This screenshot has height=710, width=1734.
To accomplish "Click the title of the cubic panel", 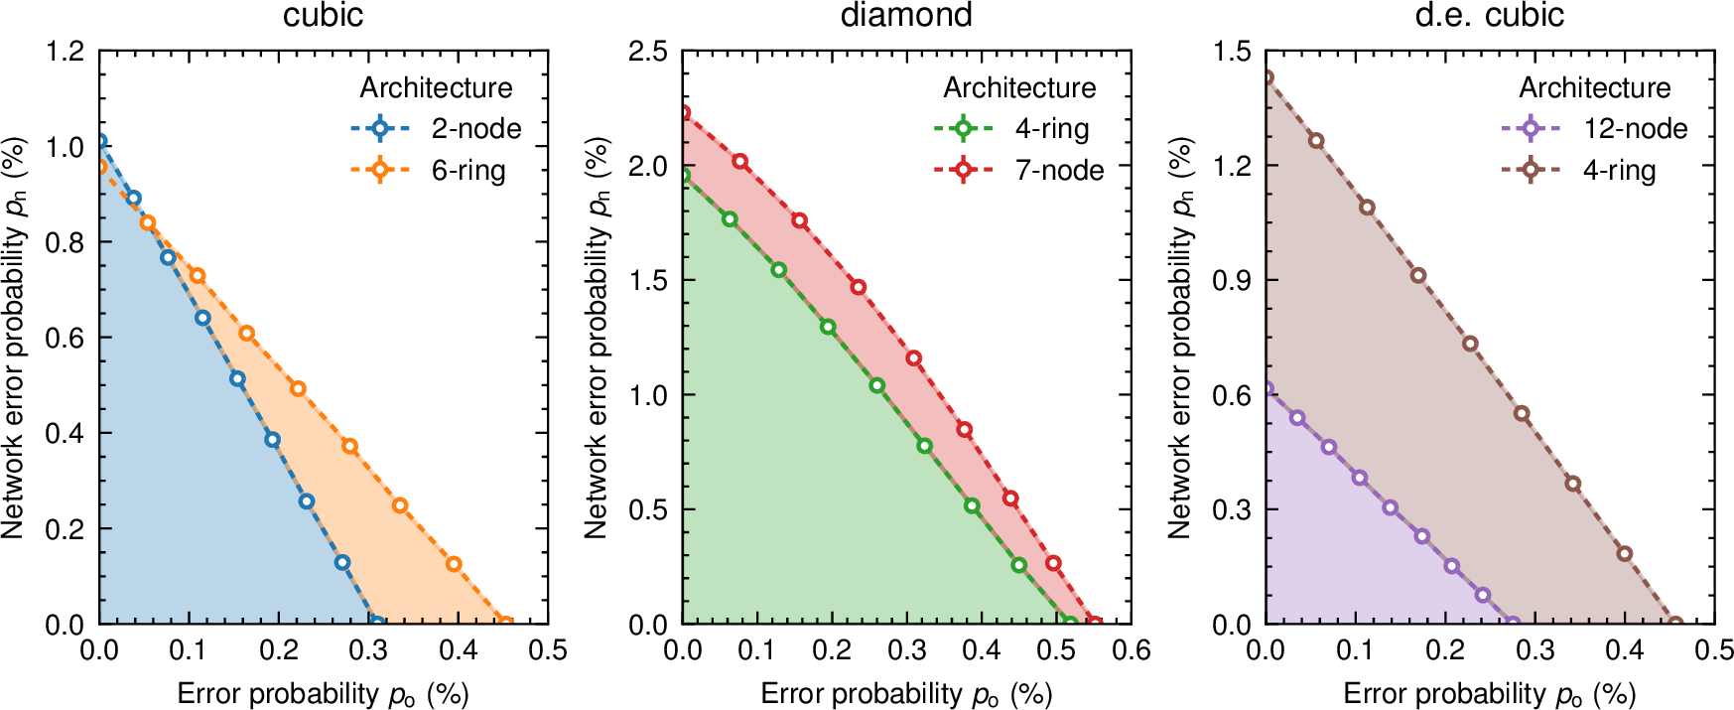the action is coord(324,15).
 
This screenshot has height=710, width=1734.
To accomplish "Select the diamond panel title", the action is coord(906,15).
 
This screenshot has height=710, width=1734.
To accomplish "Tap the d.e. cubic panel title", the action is coord(1489,15).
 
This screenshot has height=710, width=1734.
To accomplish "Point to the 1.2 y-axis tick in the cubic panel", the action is coord(66,51).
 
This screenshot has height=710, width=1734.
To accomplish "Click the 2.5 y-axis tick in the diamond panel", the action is coord(648,51).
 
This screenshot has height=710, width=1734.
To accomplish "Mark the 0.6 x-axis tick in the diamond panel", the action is coord(1131,650).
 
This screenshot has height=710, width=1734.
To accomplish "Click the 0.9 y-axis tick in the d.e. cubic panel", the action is coord(1232,280).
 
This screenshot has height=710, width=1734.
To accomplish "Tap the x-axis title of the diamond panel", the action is coord(906,693).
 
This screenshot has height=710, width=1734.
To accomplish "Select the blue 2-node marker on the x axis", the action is coord(376,624).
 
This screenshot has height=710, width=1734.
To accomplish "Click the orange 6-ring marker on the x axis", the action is coord(505,624).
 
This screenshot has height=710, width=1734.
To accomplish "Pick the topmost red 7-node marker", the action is coord(684,113).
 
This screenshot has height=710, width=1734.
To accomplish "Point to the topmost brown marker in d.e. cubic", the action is coord(1267,77).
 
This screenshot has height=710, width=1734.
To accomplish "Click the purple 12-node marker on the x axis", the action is coord(1513,624).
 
